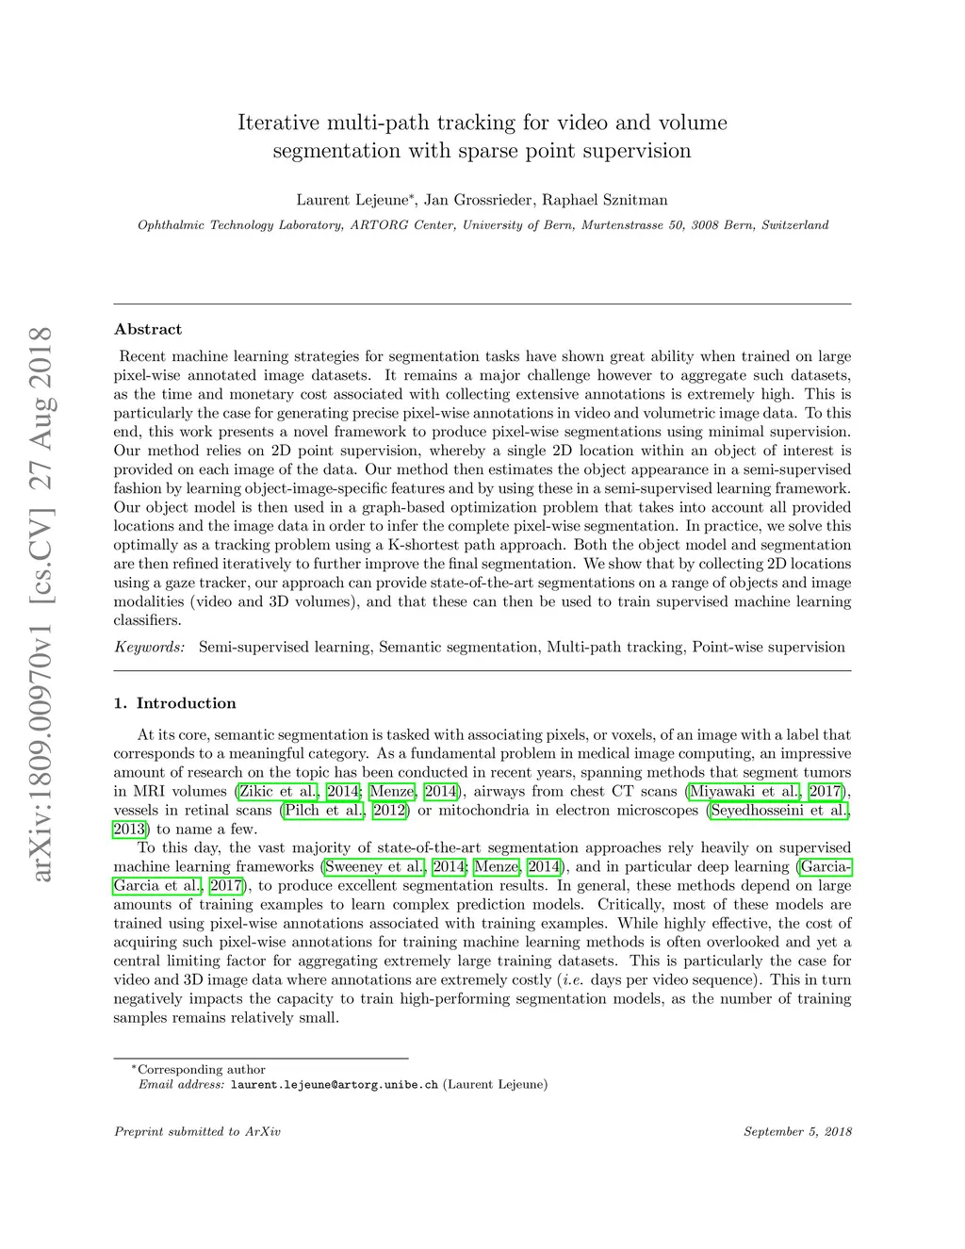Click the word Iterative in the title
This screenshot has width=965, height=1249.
280,123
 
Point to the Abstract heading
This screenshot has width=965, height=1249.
148,329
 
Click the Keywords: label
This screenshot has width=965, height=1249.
150,647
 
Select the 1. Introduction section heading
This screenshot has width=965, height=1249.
174,703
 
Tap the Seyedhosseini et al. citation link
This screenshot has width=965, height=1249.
778,810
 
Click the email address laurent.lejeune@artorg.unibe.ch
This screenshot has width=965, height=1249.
335,1084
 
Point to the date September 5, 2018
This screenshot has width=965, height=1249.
797,1131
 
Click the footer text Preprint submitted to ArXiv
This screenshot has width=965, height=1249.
197,1131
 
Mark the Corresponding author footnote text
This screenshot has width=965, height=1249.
202,1070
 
